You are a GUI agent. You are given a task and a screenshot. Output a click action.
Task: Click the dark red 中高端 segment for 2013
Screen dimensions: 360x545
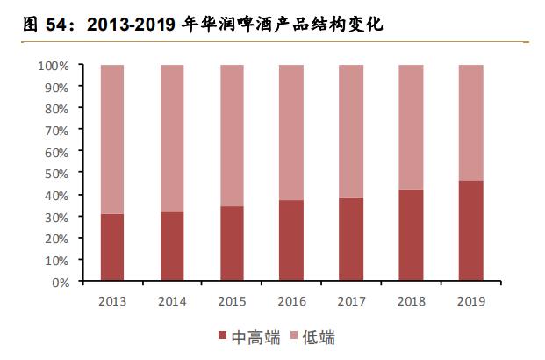[112, 248]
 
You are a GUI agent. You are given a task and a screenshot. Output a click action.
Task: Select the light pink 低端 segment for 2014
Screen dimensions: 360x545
[172, 138]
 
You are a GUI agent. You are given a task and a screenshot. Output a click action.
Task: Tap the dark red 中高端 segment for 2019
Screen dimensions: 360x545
[470, 232]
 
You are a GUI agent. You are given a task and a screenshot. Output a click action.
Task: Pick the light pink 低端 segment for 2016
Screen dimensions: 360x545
[291, 133]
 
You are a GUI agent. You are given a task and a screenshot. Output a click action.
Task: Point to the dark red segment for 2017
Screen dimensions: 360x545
[351, 240]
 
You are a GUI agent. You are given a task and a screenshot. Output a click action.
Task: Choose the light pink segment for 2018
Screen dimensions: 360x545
[411, 127]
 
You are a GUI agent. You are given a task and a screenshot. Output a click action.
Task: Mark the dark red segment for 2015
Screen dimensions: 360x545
[232, 244]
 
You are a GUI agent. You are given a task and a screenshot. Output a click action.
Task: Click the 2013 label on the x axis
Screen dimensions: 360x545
[112, 301]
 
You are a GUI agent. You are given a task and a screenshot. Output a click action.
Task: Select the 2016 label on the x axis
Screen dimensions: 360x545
[291, 301]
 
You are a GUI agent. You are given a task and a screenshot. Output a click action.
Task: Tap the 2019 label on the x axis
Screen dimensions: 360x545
[470, 301]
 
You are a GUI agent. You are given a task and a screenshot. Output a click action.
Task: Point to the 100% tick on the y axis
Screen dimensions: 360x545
[54, 66]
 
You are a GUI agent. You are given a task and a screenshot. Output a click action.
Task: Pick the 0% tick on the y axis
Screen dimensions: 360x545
[61, 283]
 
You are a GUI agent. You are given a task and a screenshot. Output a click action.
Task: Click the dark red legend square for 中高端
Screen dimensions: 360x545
[221, 338]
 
